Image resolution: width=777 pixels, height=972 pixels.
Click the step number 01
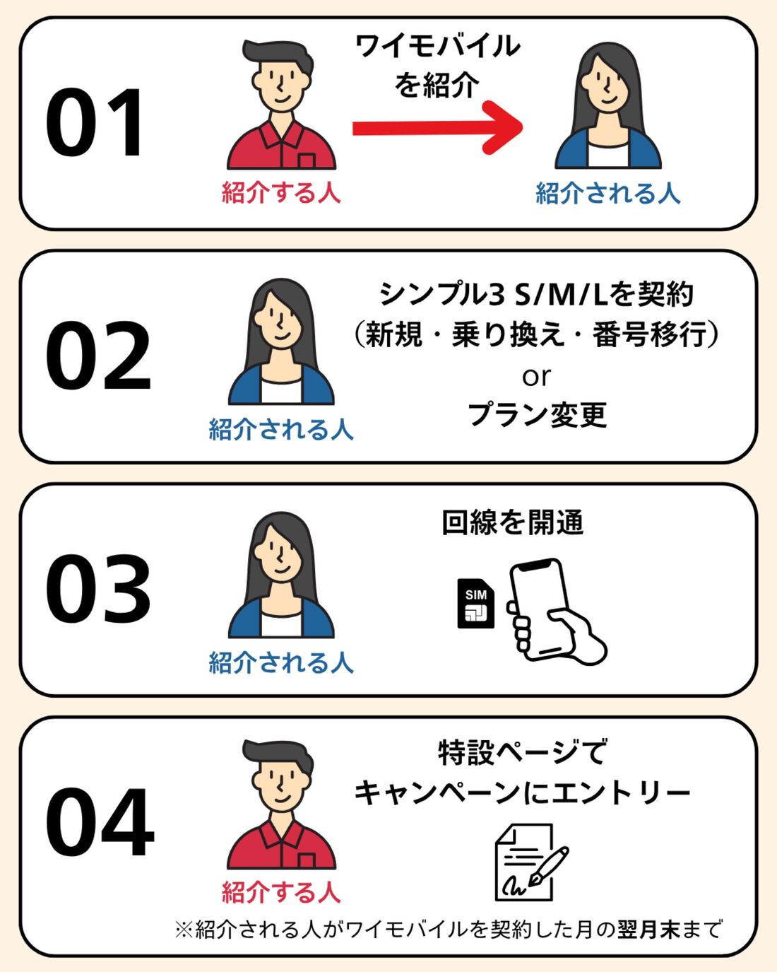tap(96, 123)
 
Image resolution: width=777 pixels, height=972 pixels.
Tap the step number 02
tap(99, 356)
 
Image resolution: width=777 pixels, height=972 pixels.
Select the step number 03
tap(99, 589)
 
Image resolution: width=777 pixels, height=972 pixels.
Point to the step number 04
tap(100, 822)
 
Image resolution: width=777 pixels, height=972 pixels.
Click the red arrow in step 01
tap(438, 127)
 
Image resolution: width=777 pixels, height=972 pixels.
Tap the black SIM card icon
tap(475, 603)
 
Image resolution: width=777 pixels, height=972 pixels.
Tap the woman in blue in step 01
tap(608, 106)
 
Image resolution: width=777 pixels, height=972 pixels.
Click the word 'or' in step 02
tap(536, 377)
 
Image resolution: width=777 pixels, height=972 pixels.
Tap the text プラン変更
tap(537, 414)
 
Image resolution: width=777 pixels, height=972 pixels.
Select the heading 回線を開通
tap(513, 522)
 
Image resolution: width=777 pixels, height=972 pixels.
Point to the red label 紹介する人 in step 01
tap(281, 192)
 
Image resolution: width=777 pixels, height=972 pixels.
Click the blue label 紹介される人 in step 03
tap(281, 662)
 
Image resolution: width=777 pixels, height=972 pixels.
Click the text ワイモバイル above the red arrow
tap(437, 47)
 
